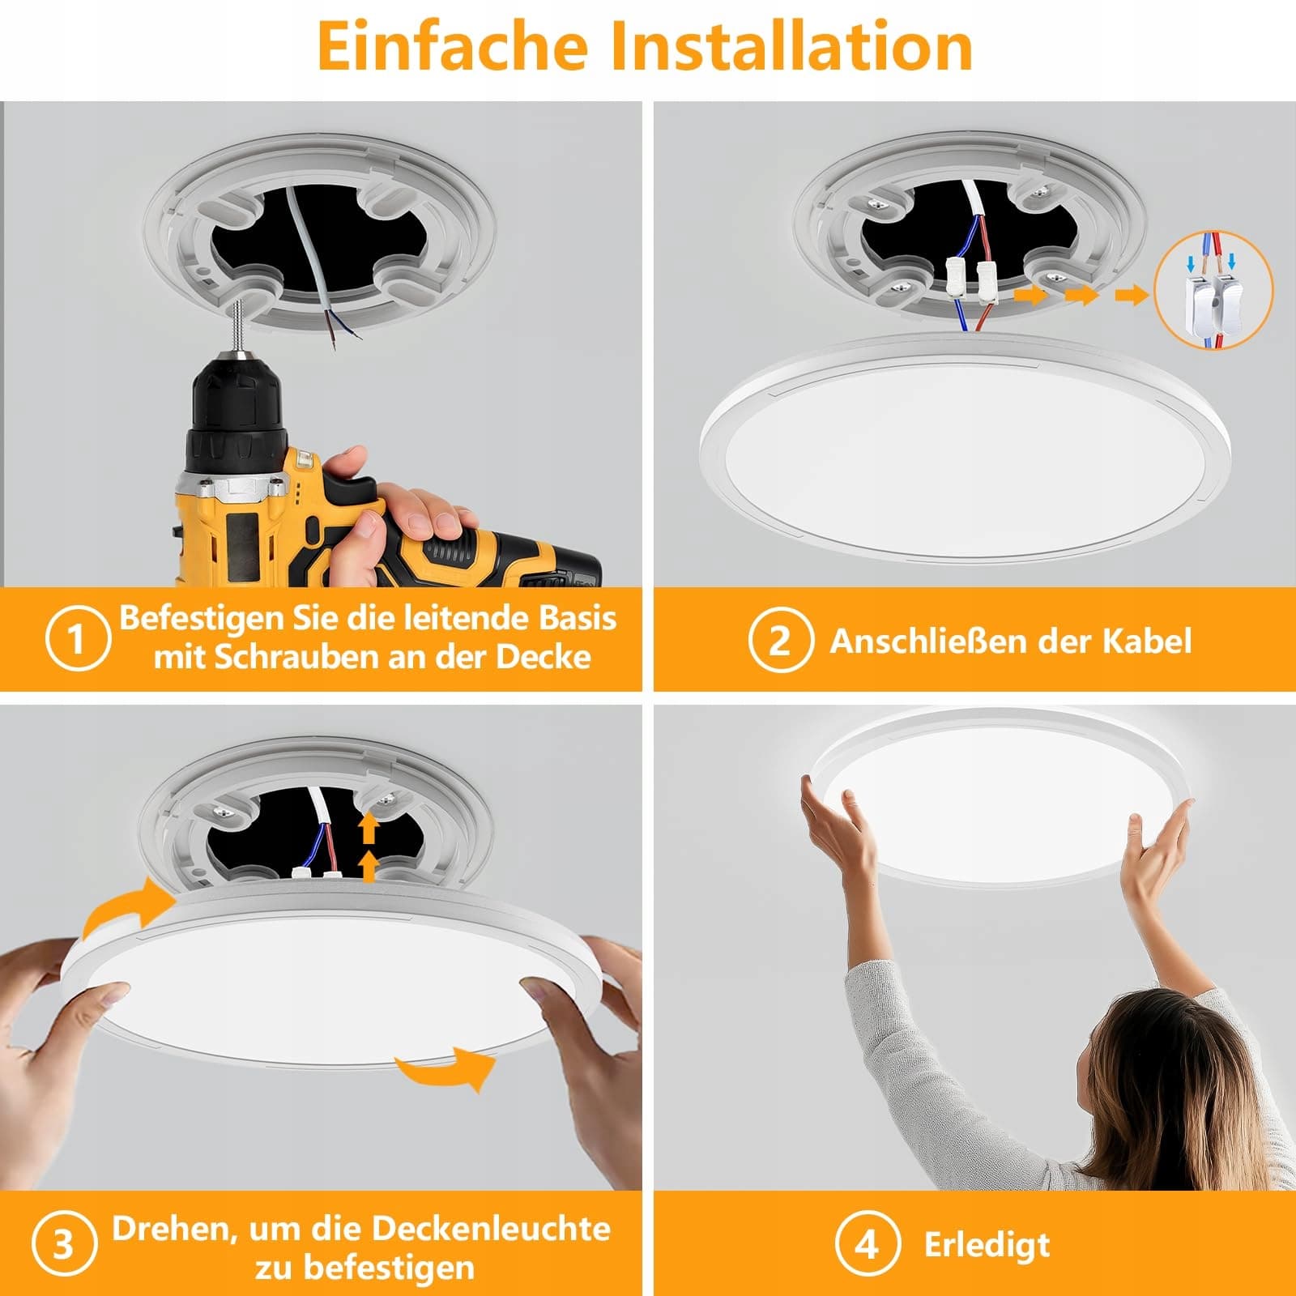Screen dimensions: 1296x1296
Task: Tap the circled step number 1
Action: click(77, 639)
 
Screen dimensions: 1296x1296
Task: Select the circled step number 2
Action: click(780, 640)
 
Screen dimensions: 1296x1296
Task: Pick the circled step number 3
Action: click(64, 1244)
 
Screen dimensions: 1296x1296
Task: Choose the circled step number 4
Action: click(867, 1243)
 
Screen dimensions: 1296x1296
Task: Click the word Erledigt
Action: click(987, 1246)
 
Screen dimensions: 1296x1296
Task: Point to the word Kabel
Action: click(1147, 641)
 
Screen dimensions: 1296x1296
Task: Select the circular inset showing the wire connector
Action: click(1213, 291)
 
